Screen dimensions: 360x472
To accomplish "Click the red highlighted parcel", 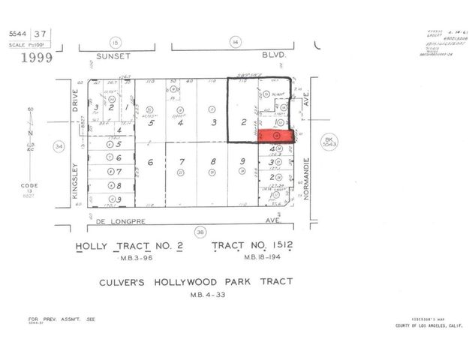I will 276,136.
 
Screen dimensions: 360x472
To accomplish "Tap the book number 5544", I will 18,32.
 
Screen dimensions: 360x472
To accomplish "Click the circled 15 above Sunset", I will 116,43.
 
